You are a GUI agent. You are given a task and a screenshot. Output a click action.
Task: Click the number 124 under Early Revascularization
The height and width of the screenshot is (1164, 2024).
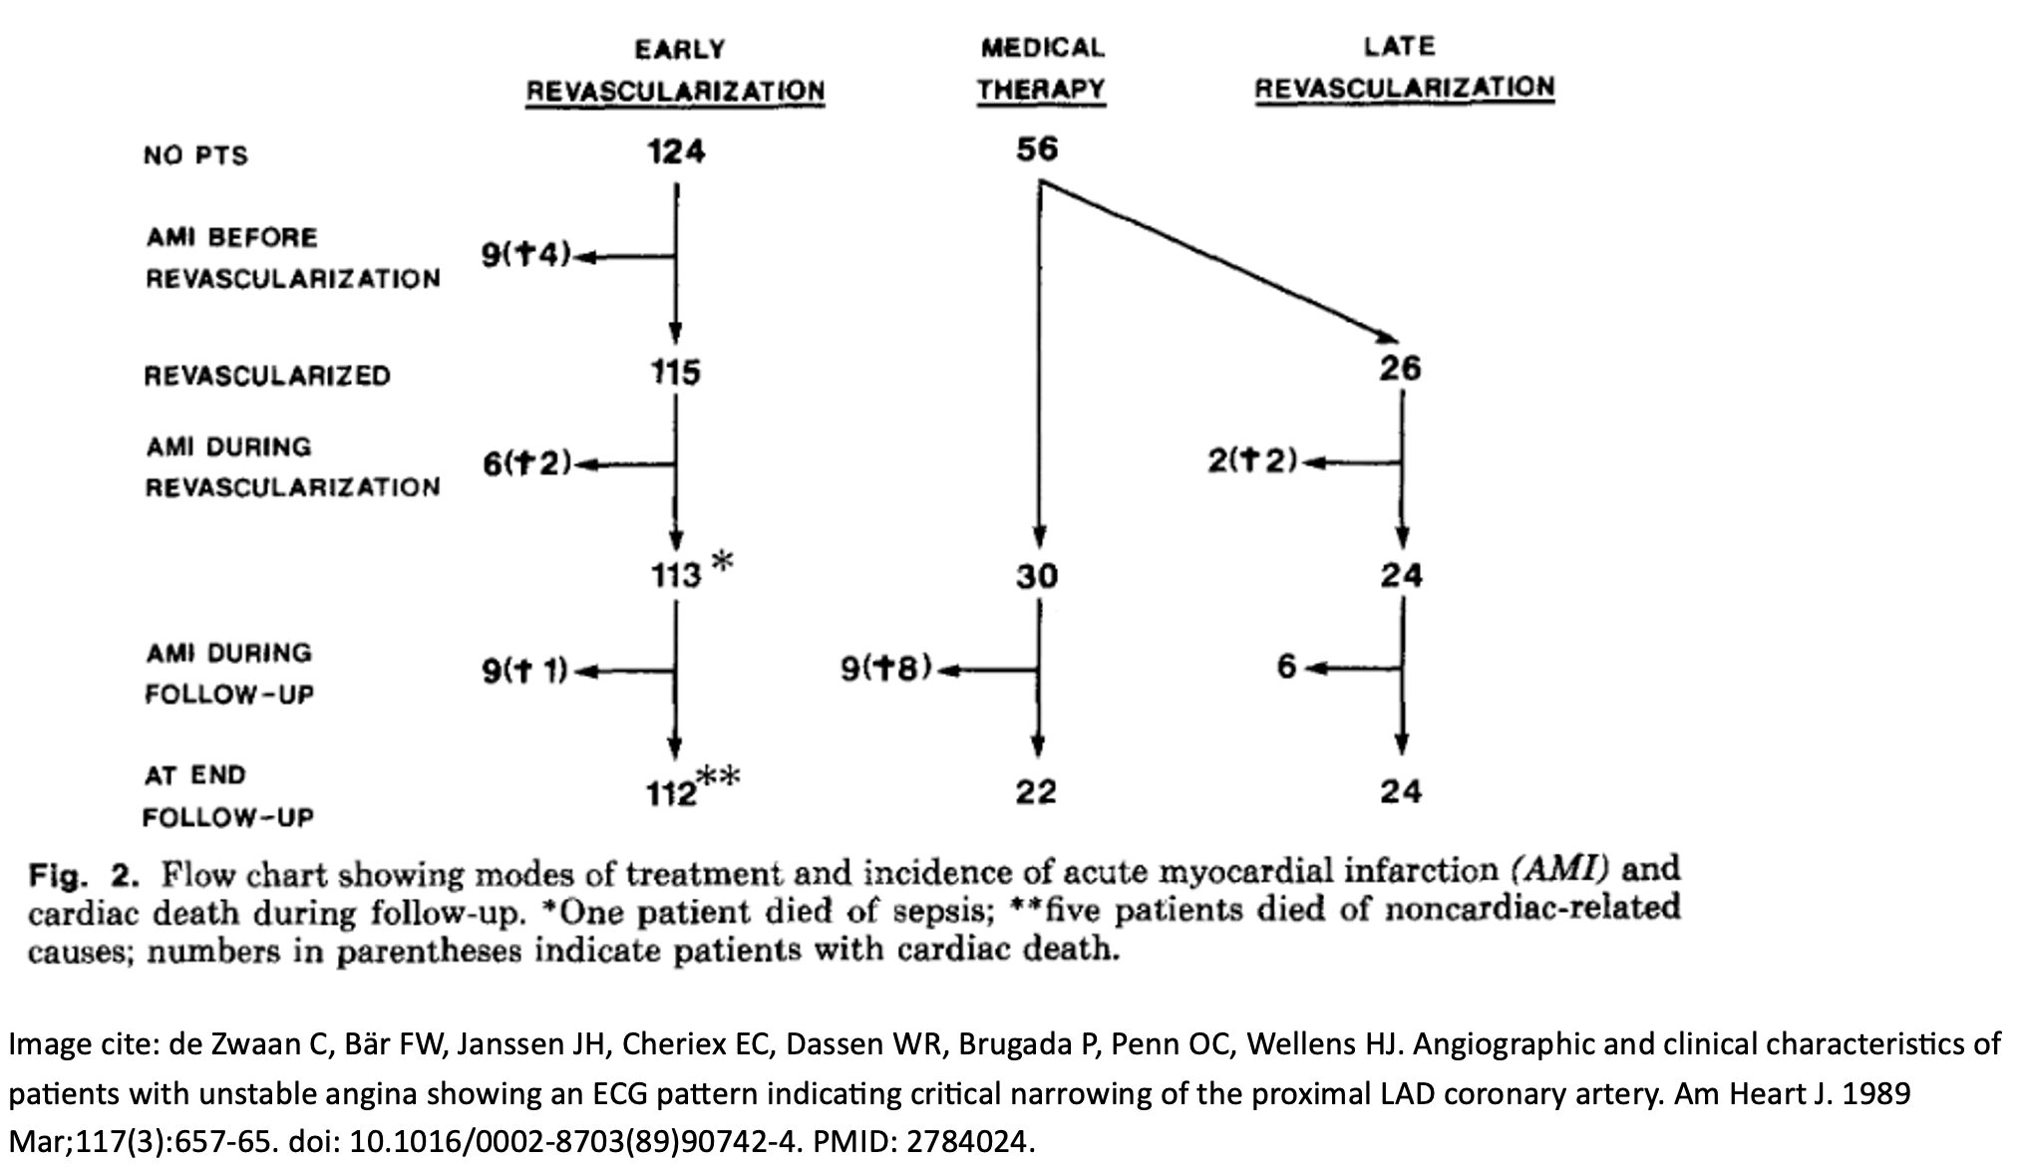point(676,151)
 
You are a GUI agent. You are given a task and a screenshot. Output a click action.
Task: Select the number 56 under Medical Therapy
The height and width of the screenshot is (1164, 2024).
point(1037,149)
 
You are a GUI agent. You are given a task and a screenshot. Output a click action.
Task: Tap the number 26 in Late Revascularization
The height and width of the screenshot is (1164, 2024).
point(1401,369)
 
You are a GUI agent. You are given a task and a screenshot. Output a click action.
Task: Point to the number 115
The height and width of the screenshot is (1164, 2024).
point(676,373)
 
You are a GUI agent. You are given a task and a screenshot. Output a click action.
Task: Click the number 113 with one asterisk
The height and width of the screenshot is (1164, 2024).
point(677,576)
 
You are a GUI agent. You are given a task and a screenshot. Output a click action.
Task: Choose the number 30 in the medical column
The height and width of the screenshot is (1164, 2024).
point(1037,576)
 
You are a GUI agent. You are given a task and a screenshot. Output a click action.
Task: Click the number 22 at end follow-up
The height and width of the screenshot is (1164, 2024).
point(1037,792)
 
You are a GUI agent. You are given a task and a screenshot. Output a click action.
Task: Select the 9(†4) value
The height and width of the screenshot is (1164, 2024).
point(526,256)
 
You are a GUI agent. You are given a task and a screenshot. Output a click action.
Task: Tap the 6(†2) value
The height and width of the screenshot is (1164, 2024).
point(526,463)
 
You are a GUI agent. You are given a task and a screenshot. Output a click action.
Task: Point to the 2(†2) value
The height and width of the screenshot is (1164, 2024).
point(1252,460)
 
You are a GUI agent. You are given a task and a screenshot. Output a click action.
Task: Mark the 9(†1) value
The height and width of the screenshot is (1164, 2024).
point(525,671)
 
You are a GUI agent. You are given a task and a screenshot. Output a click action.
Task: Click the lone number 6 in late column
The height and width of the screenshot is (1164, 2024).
point(1287,667)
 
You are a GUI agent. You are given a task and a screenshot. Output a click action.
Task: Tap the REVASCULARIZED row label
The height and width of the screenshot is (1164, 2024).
point(267,376)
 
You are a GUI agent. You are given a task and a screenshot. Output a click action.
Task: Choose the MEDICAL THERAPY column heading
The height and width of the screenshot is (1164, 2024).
point(1042,69)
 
